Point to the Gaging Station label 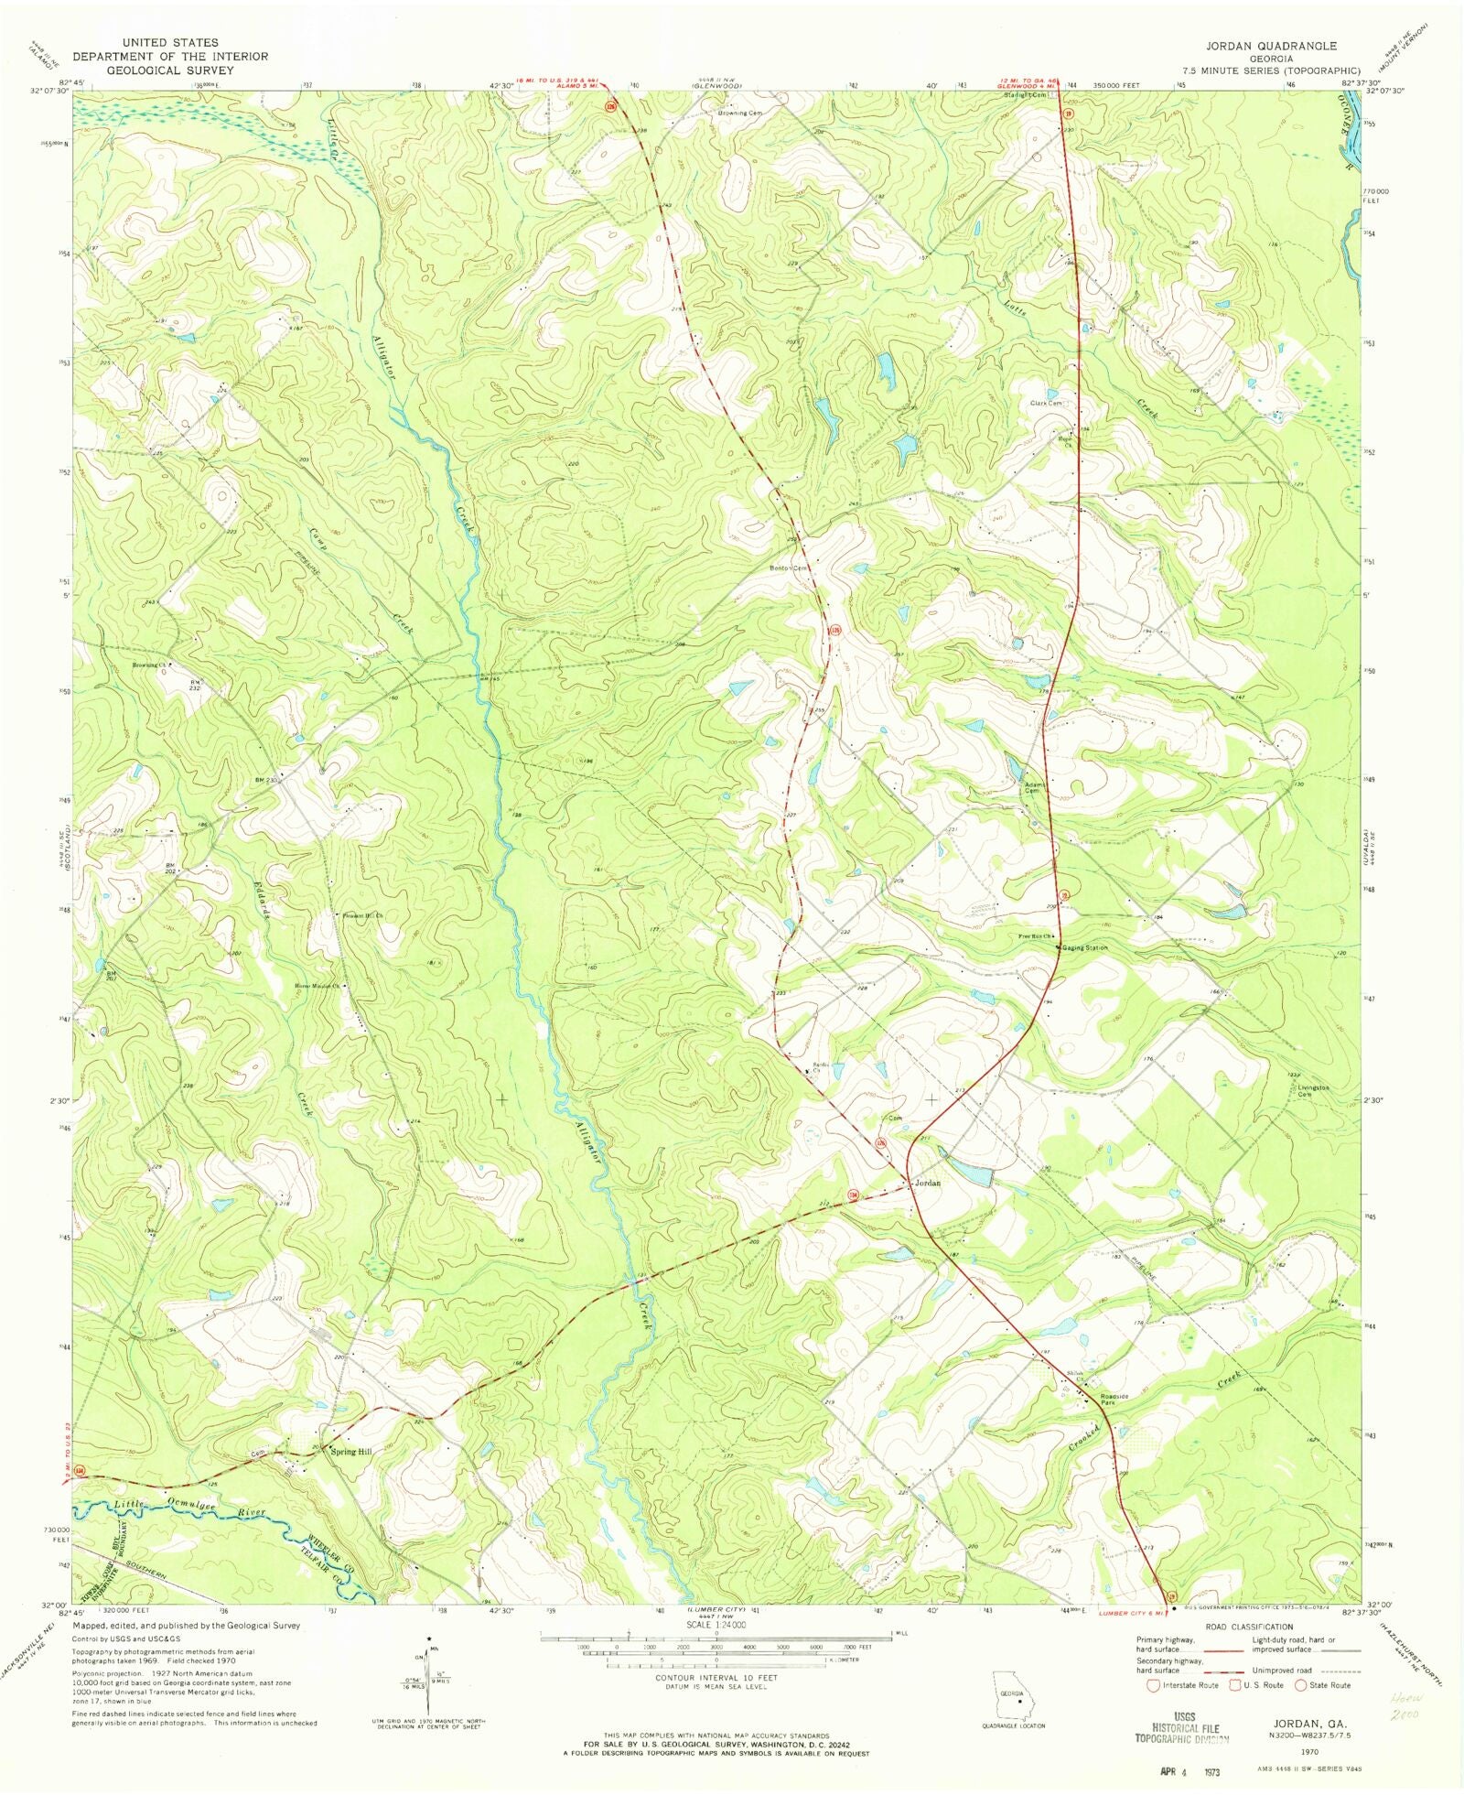click(x=1085, y=948)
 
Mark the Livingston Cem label click(x=1314, y=1091)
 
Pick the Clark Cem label click(x=1046, y=404)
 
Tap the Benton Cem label click(x=789, y=568)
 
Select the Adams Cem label click(x=1034, y=788)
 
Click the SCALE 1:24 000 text click(x=716, y=1625)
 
